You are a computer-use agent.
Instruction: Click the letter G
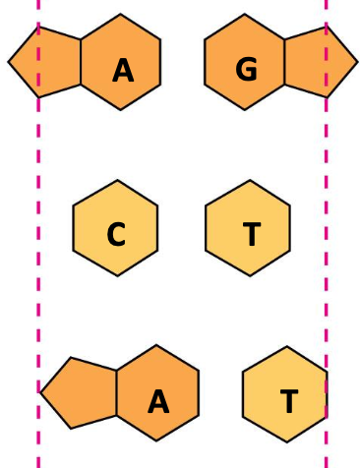pos(246,69)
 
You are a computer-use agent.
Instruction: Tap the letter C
pos(116,236)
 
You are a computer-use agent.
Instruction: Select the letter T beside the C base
pos(252,235)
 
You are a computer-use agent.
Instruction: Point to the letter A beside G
pos(123,71)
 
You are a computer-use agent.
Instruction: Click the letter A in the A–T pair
pos(158,401)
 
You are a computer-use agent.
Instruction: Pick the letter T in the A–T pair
pos(288,401)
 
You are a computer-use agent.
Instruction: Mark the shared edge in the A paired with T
pos(117,392)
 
